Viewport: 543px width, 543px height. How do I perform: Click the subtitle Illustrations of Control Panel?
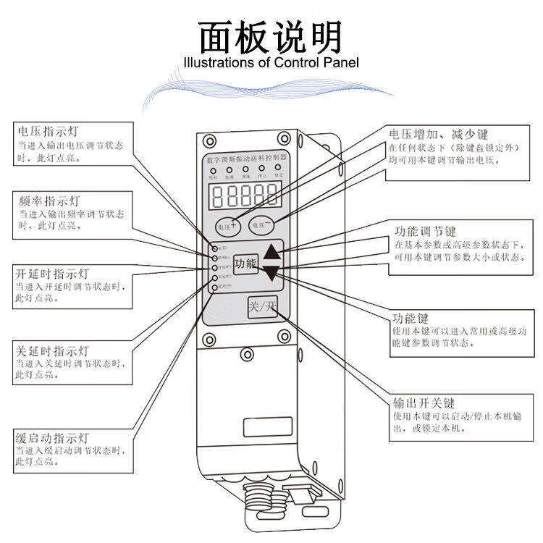(271, 63)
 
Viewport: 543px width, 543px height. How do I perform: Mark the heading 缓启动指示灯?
(51, 438)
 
